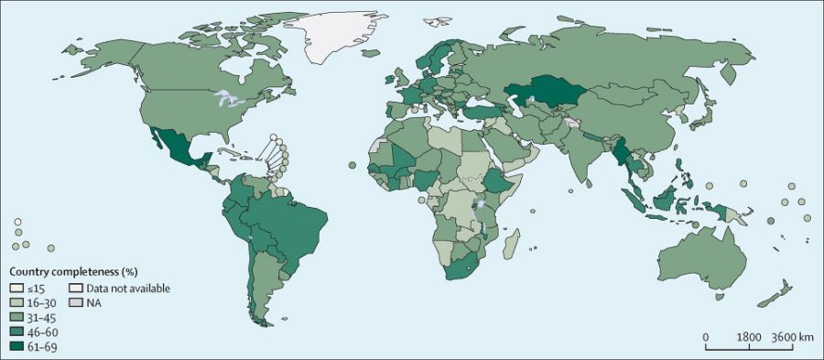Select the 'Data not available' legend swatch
(x=76, y=288)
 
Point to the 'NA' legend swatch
(x=76, y=302)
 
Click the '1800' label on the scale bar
(x=749, y=337)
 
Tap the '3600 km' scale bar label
(x=792, y=337)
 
